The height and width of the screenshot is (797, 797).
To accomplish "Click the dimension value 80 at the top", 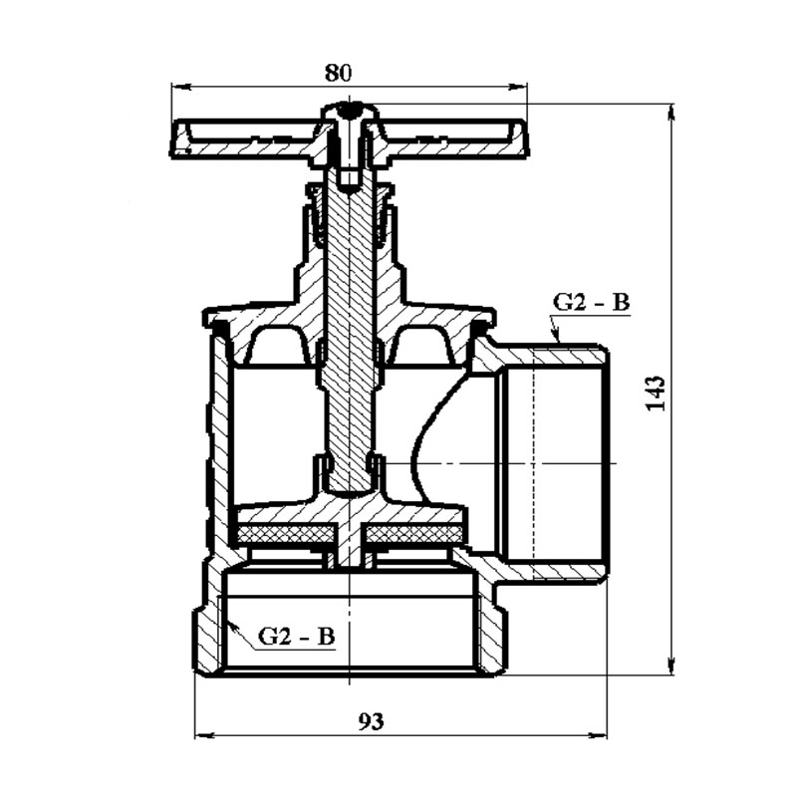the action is [x=338, y=73].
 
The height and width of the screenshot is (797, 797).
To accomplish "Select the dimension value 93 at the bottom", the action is [x=371, y=720].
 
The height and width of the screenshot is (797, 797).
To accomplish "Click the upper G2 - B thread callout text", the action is [x=591, y=303].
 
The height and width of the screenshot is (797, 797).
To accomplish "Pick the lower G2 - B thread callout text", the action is [x=296, y=637].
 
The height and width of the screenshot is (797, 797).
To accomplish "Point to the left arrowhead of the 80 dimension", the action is [x=181, y=87].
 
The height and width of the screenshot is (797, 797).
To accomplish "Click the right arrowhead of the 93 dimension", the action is [x=597, y=735].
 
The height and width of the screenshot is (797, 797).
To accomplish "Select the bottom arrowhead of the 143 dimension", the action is [x=671, y=665].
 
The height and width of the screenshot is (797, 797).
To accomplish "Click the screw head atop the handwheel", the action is [x=350, y=112].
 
